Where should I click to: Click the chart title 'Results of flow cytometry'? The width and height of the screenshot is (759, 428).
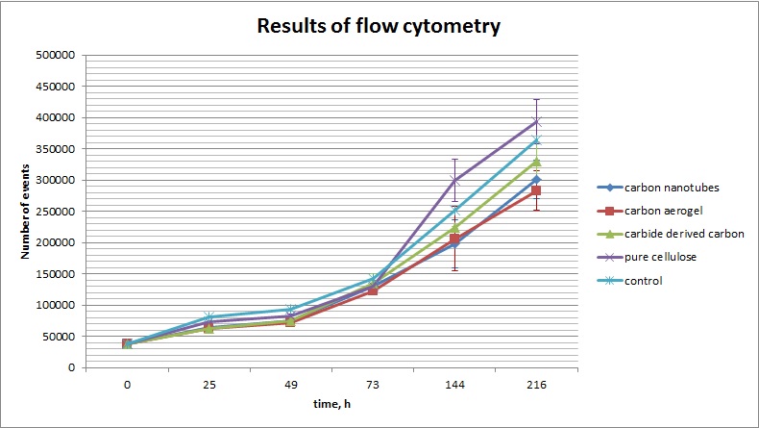[379, 26]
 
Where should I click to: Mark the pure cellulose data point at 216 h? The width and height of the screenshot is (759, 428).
[536, 122]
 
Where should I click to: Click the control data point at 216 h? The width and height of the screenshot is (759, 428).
[536, 141]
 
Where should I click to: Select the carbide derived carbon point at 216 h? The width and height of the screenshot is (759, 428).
[536, 162]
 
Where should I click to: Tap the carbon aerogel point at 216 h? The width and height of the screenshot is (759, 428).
[536, 190]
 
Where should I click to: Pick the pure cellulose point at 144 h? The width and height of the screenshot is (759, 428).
[454, 180]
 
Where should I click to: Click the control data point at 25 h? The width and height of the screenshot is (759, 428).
[208, 316]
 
